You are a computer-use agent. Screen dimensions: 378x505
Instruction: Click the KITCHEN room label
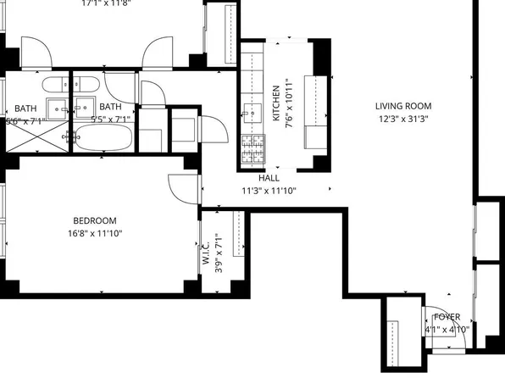[276, 106]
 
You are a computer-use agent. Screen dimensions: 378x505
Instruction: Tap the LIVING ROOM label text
[404, 107]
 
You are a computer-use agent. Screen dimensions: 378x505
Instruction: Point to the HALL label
[269, 179]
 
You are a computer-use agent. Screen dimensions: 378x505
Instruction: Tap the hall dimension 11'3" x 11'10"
[269, 191]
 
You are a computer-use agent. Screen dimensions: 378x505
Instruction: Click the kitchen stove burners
[252, 149]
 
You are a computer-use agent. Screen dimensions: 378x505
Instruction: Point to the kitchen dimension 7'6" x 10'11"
[289, 106]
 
